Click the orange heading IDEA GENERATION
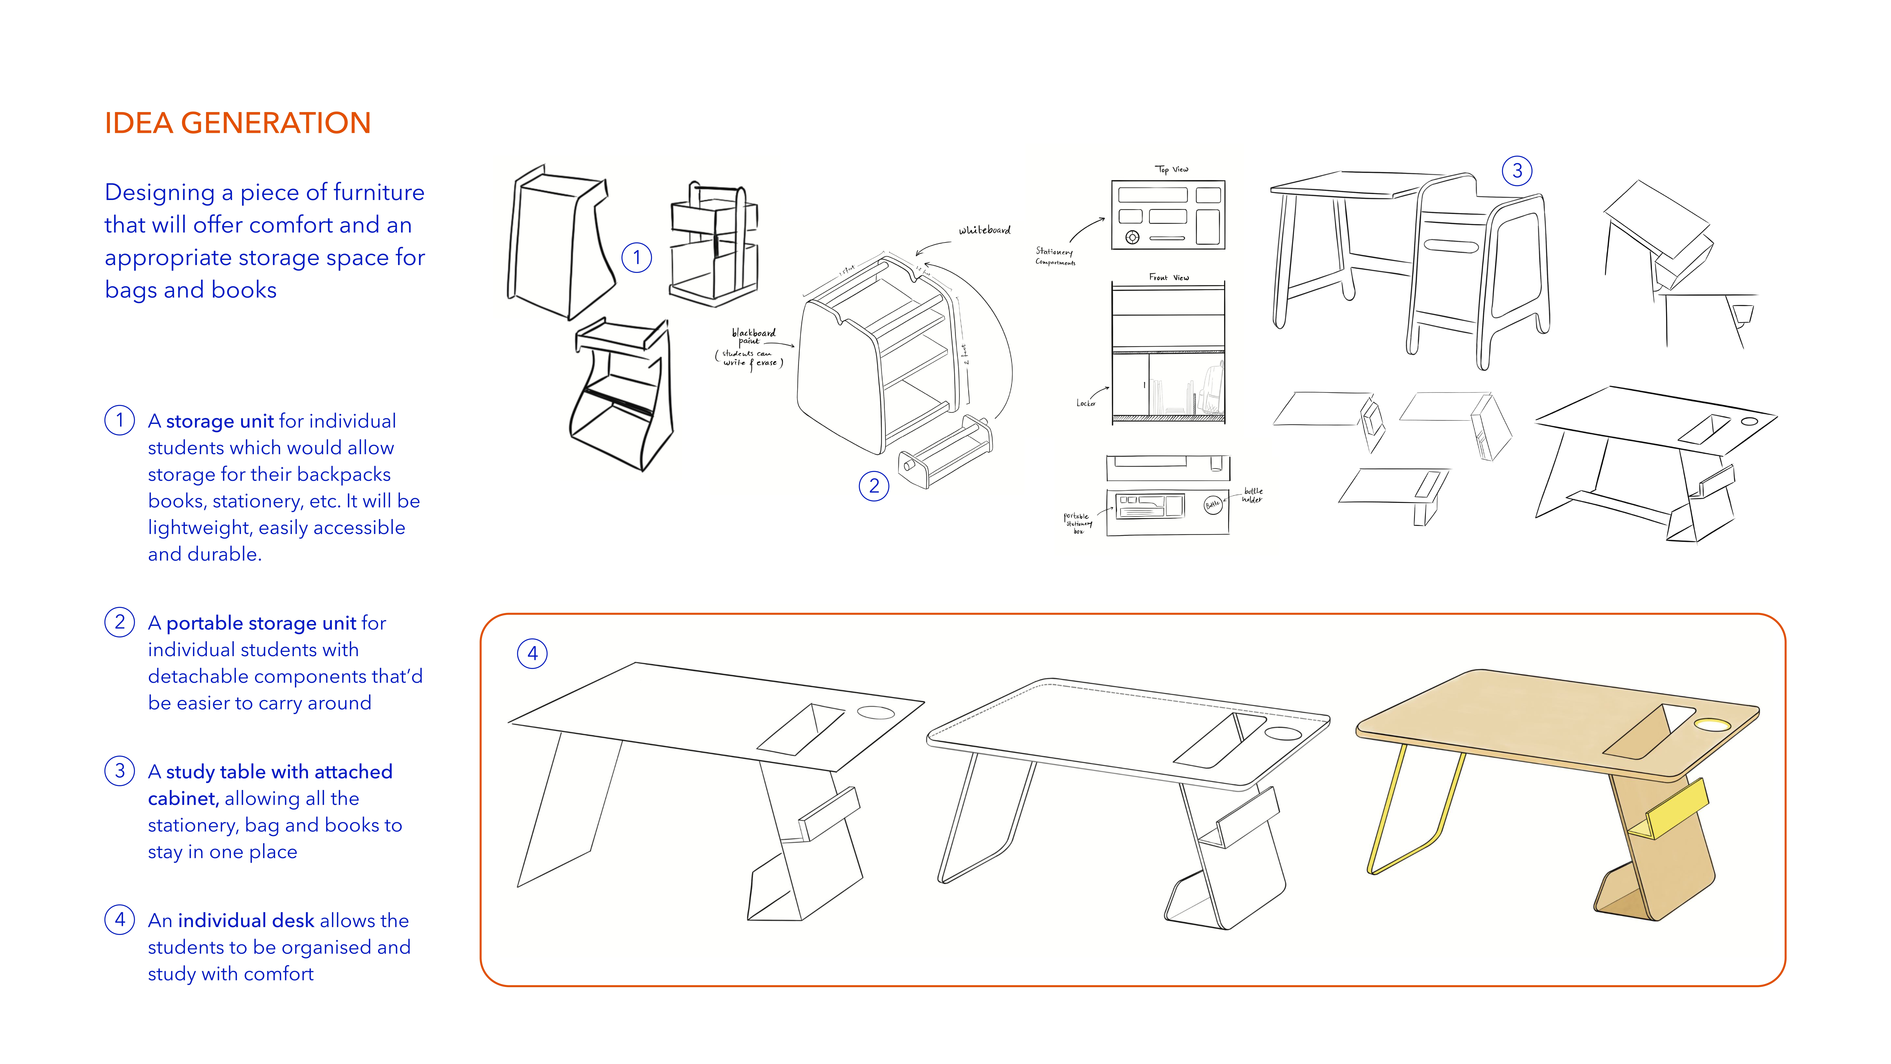tap(237, 123)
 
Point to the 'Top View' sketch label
tap(1172, 170)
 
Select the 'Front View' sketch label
tap(1169, 278)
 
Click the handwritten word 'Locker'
tap(1086, 403)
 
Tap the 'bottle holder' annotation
tap(1252, 496)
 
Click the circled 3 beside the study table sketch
tap(1517, 171)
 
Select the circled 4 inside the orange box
tap(532, 654)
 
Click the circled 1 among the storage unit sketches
tap(637, 258)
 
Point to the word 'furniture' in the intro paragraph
tap(380, 192)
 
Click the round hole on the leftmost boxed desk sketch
tap(876, 712)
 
